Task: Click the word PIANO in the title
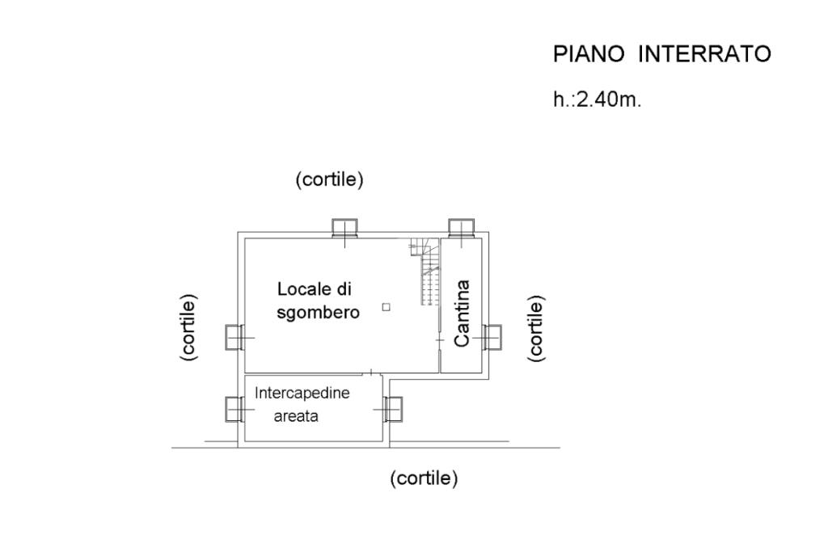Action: (589, 54)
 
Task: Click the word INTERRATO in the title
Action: (704, 54)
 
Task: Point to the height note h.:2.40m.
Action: (597, 101)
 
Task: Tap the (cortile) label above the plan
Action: (330, 179)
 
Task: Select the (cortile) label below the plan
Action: (424, 478)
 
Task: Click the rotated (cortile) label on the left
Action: (188, 327)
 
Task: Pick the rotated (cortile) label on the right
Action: (534, 327)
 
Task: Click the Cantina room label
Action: (462, 313)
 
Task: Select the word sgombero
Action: (318, 312)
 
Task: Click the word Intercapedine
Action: (302, 394)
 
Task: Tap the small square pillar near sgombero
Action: (386, 306)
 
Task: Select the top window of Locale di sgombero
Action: (345, 228)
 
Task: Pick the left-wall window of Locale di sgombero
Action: (234, 336)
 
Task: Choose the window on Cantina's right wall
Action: (492, 336)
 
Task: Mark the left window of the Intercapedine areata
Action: (234, 410)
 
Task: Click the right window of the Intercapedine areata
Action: (393, 409)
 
